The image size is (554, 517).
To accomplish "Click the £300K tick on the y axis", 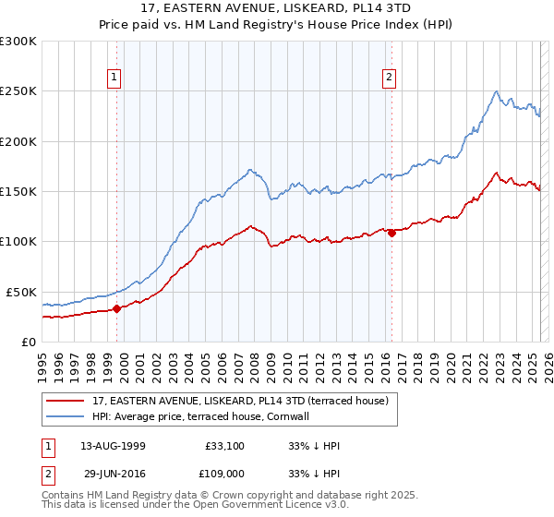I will click(x=18, y=42).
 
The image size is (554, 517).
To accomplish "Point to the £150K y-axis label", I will click(x=18, y=191).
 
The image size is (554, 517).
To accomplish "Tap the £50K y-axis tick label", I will click(x=22, y=292).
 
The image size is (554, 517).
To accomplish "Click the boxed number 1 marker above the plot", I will click(x=114, y=78).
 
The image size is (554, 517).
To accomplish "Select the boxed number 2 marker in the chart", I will click(x=390, y=78).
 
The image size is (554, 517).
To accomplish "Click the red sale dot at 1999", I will click(x=117, y=308).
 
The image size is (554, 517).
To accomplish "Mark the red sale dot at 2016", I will click(x=391, y=233).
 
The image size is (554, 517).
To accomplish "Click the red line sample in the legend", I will click(x=66, y=401).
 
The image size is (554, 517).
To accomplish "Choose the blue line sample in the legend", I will click(x=66, y=416).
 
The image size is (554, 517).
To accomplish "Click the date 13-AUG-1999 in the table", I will click(x=113, y=445).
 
